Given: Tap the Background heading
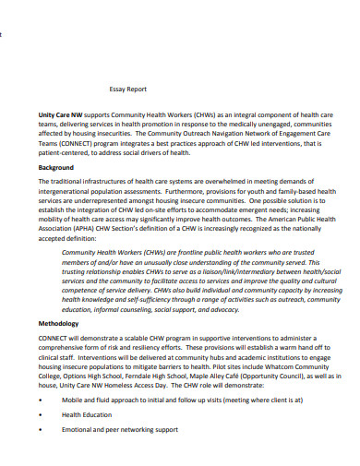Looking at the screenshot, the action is (x=58, y=169).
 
